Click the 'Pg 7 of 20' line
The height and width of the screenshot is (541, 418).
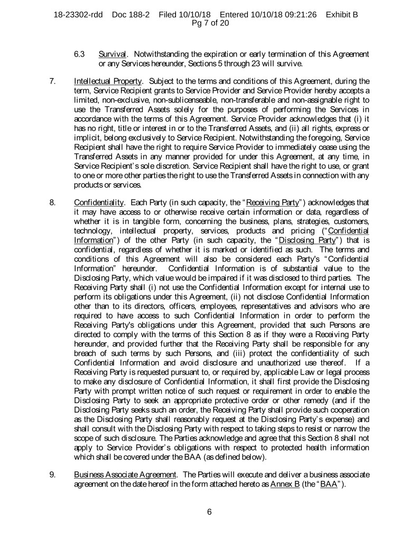click(x=209, y=23)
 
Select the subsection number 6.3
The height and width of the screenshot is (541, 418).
click(x=80, y=55)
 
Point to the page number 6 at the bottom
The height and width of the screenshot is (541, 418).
click(x=209, y=510)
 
